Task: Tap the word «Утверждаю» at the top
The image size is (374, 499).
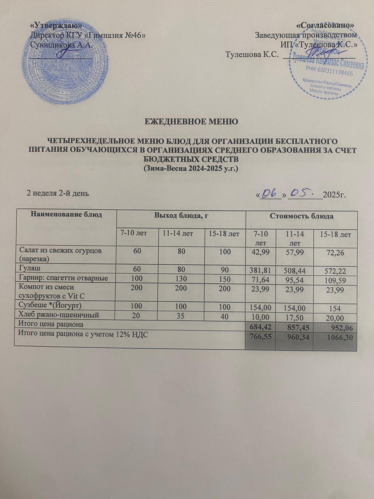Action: (x=56, y=25)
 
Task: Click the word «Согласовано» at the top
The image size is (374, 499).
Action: (x=325, y=25)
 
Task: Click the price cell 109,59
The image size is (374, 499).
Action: (x=335, y=280)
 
